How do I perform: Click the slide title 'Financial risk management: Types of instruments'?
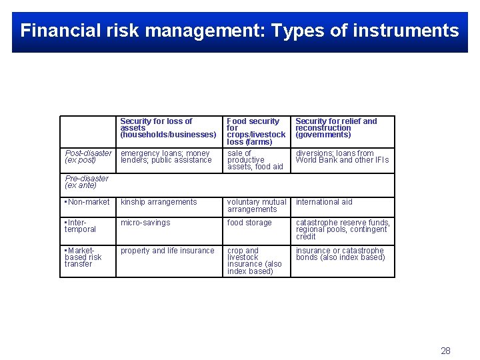[x=239, y=31]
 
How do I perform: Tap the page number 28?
[x=445, y=351]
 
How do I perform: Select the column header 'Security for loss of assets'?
[x=168, y=128]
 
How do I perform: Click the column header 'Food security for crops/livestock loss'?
[x=256, y=131]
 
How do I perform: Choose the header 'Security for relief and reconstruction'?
[x=336, y=128]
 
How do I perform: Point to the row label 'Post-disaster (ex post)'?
[x=88, y=157]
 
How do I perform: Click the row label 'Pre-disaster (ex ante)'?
[x=87, y=182]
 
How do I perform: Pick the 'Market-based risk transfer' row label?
[x=83, y=257]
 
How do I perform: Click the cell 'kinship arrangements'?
[x=159, y=202]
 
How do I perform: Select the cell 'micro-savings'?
[x=145, y=223]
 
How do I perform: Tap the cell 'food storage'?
[x=249, y=223]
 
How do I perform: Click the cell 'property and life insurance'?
[x=167, y=251]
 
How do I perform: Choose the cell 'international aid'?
[x=324, y=202]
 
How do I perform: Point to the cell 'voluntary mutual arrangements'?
[x=257, y=205]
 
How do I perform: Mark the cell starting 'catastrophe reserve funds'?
[x=343, y=229]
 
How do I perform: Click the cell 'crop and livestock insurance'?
[x=255, y=261]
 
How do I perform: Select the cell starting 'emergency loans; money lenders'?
[x=165, y=157]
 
